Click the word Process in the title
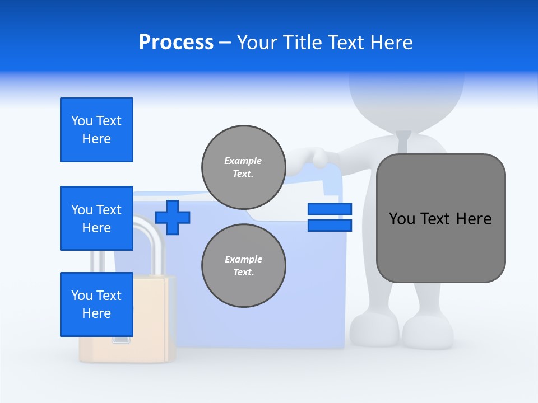[x=176, y=43]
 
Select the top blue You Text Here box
[x=96, y=130]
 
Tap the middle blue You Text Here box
[x=96, y=218]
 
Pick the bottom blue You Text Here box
[x=96, y=304]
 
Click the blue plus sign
[x=173, y=217]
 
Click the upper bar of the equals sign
[x=330, y=209]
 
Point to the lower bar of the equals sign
[x=330, y=225]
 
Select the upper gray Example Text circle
[x=243, y=167]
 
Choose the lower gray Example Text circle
[x=243, y=265]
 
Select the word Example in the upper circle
[x=243, y=161]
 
